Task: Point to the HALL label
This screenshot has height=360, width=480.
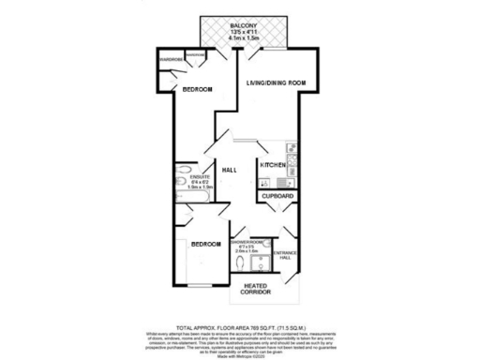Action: tap(228, 170)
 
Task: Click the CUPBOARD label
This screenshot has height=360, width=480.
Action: tap(278, 196)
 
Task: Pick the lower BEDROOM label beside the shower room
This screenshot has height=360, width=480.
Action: tap(206, 244)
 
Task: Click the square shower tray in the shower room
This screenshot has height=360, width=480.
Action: tap(263, 266)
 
